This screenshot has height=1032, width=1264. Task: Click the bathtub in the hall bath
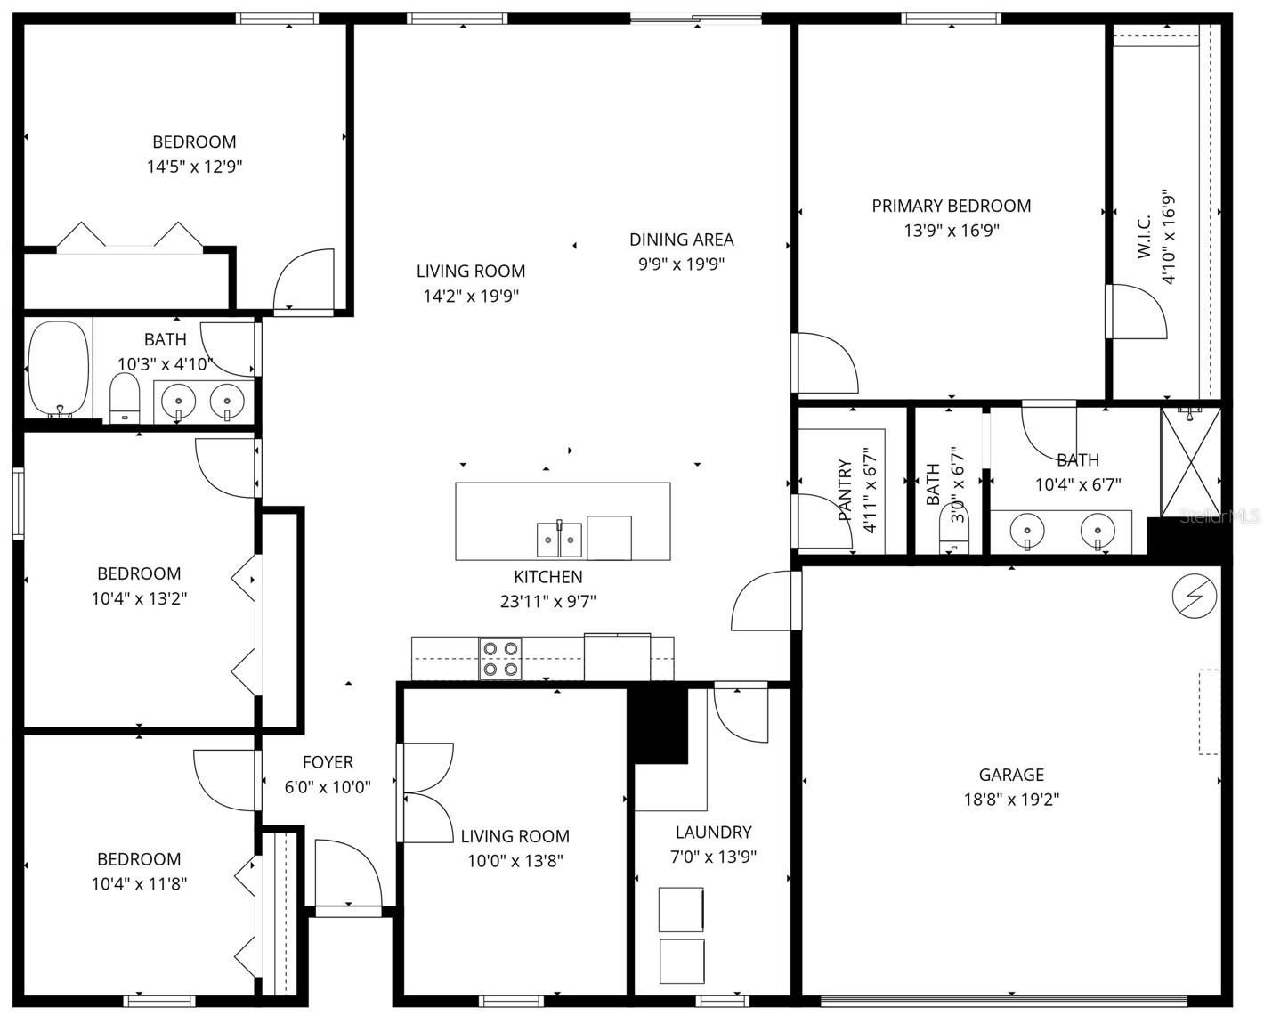tap(59, 370)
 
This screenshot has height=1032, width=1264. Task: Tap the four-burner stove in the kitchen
tap(500, 659)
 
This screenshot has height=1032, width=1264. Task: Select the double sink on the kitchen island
tap(559, 540)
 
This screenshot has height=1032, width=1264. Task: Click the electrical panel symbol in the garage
tap(1194, 596)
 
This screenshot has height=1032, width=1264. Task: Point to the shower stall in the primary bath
tap(1191, 461)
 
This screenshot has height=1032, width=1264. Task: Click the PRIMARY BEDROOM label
tap(951, 206)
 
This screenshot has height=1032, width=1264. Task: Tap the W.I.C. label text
tap(1145, 237)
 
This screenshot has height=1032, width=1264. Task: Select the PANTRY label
tap(845, 491)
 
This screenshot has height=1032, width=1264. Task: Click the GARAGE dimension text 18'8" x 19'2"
tap(1011, 800)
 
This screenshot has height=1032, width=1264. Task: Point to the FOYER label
tap(328, 762)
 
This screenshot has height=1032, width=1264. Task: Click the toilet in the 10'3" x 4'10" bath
tap(125, 398)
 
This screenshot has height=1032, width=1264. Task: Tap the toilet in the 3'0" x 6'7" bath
tap(953, 535)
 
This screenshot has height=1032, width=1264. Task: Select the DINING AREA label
tap(681, 240)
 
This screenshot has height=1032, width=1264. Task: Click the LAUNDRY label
tap(713, 833)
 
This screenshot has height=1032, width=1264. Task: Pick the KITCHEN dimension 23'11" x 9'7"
tap(547, 602)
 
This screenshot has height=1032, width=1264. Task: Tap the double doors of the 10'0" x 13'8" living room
tap(425, 792)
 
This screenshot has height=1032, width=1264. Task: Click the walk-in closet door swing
tap(1135, 312)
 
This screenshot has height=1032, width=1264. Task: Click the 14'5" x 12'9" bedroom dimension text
tap(194, 167)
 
